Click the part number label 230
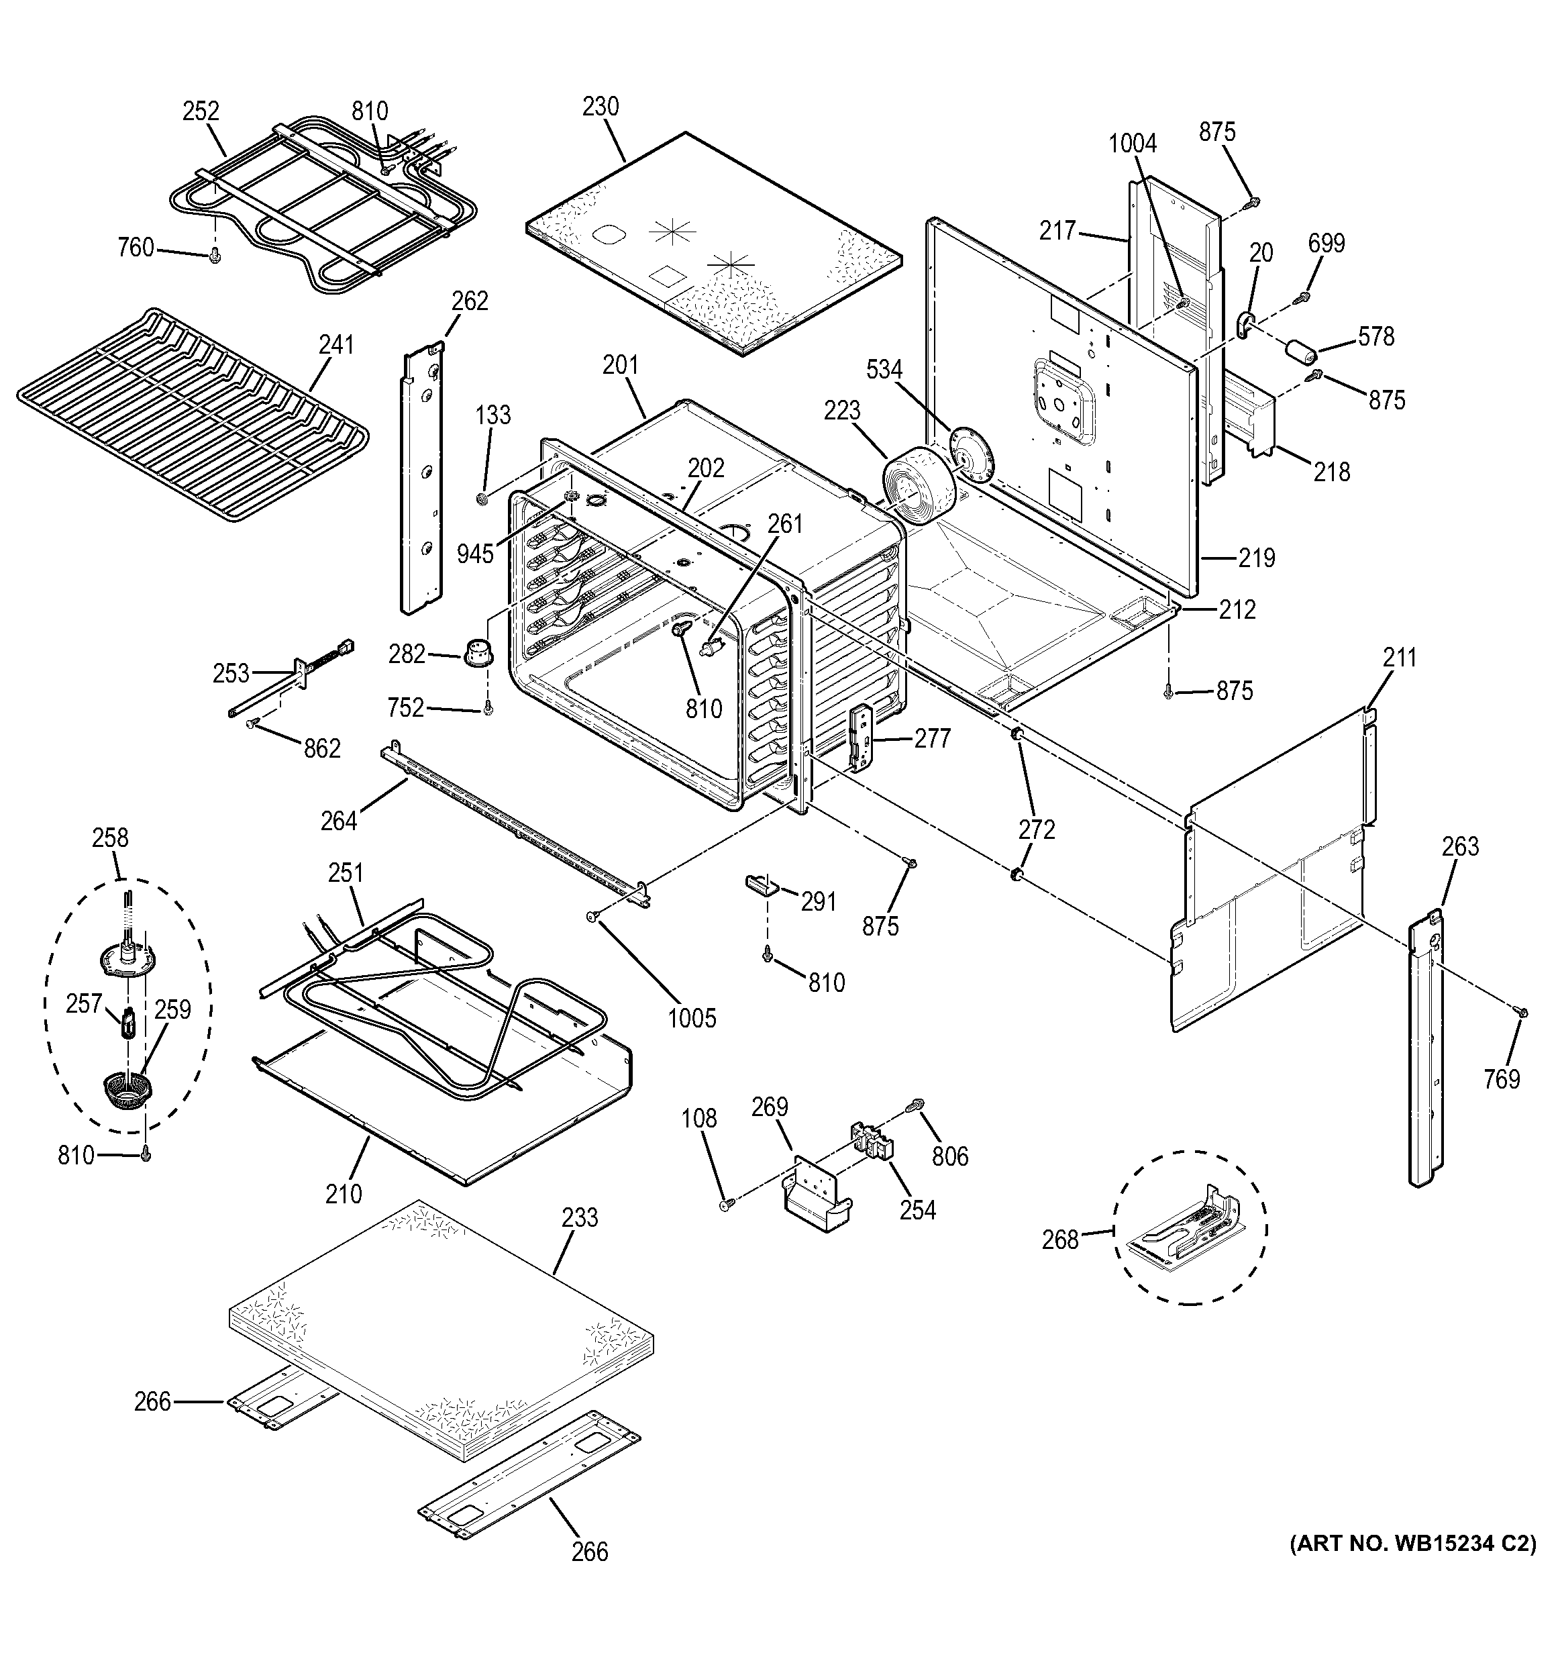tap(601, 107)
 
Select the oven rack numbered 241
tap(192, 413)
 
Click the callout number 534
tap(884, 368)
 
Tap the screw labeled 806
tap(919, 1105)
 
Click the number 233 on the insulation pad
tap(580, 1218)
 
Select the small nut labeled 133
tap(482, 499)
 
